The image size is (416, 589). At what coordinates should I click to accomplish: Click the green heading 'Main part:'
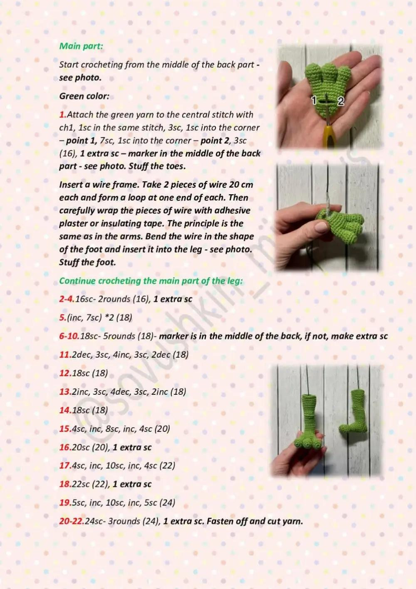[x=81, y=46]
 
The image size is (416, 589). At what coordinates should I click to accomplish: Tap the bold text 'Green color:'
[x=84, y=96]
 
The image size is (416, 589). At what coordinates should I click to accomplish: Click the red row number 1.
[x=62, y=115]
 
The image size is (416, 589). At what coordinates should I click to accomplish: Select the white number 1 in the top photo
[x=314, y=100]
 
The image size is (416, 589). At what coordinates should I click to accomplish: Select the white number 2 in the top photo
[x=341, y=101]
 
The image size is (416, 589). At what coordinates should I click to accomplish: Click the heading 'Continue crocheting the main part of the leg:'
[x=151, y=281]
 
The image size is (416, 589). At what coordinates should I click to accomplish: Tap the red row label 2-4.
[x=67, y=299]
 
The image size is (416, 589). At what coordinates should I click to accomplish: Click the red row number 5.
[x=62, y=318]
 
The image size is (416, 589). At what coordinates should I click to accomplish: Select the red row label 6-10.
[x=69, y=336]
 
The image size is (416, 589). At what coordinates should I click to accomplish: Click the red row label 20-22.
[x=72, y=521]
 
